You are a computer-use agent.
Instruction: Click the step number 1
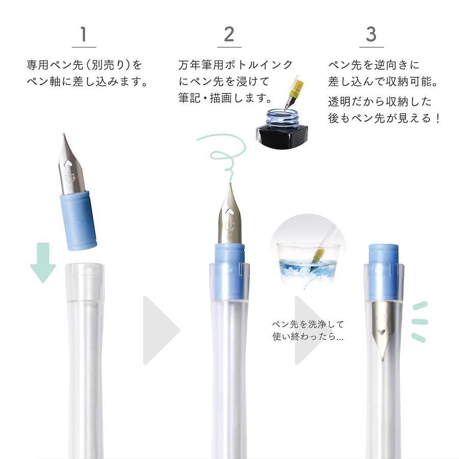(84, 34)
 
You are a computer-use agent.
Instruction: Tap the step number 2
(229, 34)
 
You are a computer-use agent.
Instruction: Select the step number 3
(371, 34)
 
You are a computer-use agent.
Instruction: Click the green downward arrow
(43, 263)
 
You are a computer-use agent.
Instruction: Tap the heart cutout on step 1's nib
(68, 163)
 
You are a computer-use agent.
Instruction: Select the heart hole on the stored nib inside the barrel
(381, 332)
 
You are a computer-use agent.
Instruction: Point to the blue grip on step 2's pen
(230, 271)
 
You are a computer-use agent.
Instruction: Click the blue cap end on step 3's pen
(384, 272)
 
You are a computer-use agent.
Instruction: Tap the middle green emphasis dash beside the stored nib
(420, 322)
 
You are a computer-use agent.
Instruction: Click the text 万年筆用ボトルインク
(235, 65)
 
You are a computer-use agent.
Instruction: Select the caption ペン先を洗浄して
(308, 324)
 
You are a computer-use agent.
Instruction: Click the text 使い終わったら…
(308, 337)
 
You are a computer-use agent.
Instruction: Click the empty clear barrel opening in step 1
(84, 282)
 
